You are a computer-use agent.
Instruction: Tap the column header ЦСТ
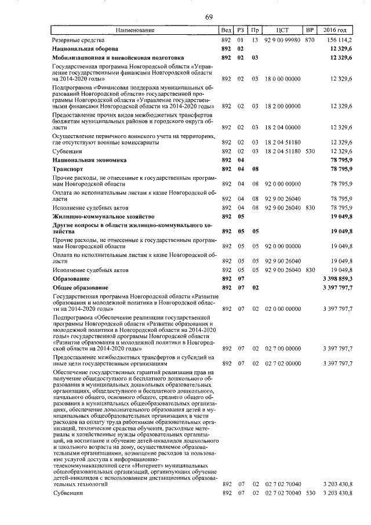(282, 30)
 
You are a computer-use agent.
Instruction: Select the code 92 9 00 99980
(282, 40)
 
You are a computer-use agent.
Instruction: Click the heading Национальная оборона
(85, 49)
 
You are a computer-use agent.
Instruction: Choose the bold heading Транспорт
(69, 168)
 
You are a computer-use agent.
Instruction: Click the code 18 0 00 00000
(282, 78)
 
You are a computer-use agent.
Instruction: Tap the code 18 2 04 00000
(282, 127)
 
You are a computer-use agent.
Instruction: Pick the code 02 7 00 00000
(282, 349)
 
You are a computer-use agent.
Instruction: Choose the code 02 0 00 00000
(282, 309)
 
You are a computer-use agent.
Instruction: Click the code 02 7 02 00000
(282, 363)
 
